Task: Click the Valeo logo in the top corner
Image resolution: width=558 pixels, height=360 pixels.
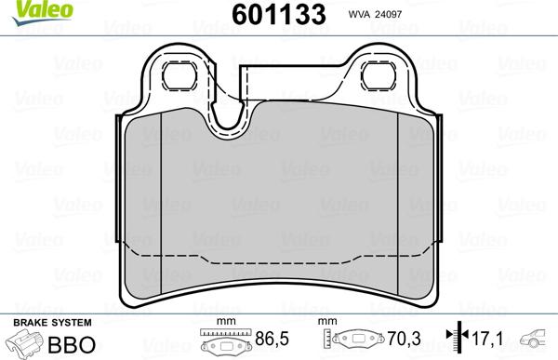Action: pyautogui.click(x=43, y=12)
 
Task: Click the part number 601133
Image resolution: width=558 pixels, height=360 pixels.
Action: pyautogui.click(x=279, y=15)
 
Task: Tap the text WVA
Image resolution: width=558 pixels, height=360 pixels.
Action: pyautogui.click(x=359, y=15)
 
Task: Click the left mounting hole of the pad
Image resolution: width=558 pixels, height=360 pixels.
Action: pyautogui.click(x=179, y=76)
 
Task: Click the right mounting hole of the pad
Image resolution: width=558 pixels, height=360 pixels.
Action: pyautogui.click(x=379, y=76)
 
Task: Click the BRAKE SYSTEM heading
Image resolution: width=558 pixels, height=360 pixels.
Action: pyautogui.click(x=52, y=323)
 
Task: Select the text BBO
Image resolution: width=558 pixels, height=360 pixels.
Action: pyautogui.click(x=72, y=344)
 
